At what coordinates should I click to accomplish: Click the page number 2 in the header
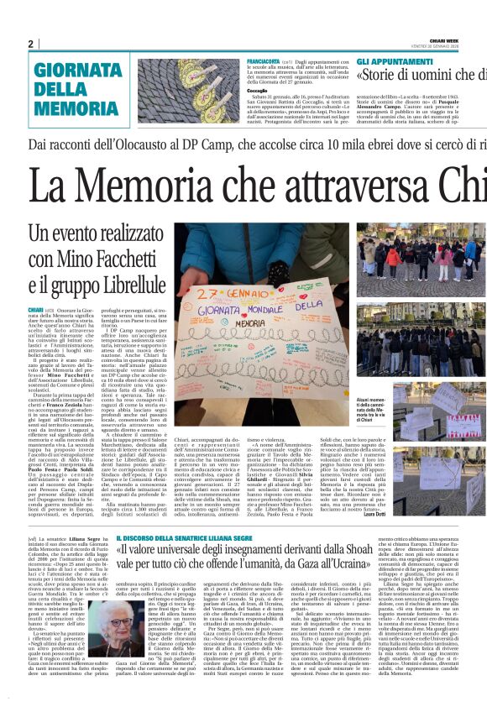pos(30,45)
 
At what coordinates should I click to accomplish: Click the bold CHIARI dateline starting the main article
pos(37,310)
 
